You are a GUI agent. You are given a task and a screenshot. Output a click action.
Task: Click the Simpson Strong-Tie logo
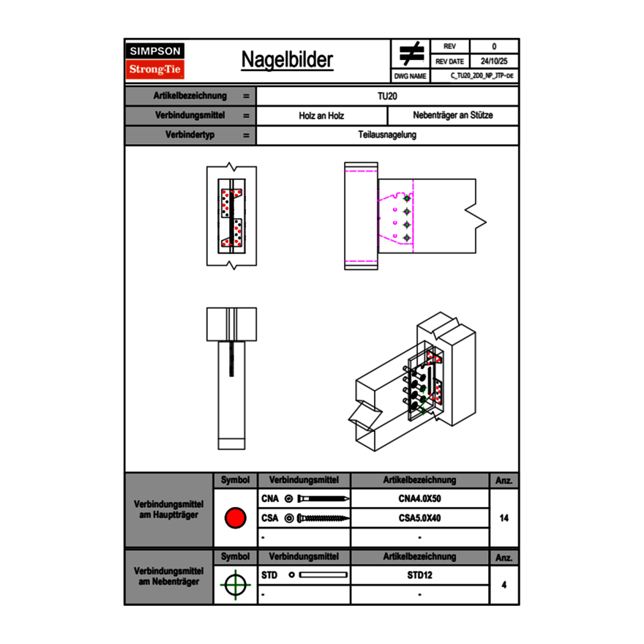point(155,61)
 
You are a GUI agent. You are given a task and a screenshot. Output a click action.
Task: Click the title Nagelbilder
point(287,61)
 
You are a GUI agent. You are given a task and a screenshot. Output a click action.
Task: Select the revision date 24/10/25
point(494,61)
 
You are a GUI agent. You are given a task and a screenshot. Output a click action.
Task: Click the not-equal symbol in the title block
point(411,53)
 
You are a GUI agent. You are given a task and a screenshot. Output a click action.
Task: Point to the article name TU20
point(387,96)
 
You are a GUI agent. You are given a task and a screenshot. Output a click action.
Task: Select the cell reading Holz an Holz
point(321,116)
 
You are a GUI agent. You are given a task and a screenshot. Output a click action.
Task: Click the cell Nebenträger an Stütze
point(453,116)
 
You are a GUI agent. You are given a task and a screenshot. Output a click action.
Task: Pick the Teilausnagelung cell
point(387,135)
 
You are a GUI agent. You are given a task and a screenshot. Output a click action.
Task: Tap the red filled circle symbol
point(235,518)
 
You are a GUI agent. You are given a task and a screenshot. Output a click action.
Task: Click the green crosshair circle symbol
point(235,585)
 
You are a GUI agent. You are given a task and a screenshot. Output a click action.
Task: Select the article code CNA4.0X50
point(419,499)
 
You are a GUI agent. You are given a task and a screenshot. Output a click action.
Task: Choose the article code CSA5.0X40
point(419,518)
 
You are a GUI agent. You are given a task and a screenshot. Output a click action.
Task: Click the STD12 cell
point(419,575)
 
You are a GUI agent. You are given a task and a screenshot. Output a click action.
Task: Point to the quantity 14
point(503,518)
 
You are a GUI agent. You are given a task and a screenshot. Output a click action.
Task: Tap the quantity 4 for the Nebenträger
point(503,585)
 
